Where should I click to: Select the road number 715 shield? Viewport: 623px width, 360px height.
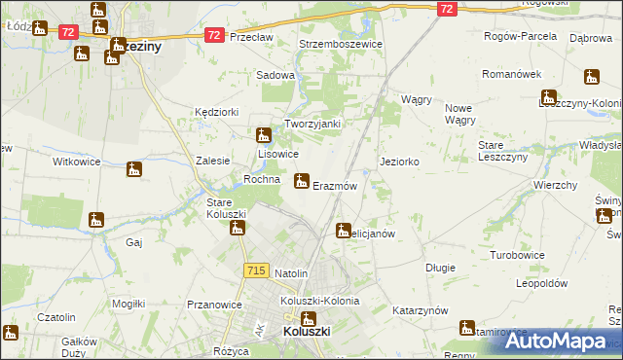tap(257, 270)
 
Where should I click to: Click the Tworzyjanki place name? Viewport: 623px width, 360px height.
tap(311, 124)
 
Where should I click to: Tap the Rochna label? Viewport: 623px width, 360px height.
tap(263, 180)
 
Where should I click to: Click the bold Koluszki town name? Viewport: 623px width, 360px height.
tap(310, 331)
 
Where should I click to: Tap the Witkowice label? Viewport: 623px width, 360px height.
tap(77, 161)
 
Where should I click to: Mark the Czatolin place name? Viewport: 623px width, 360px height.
tap(55, 317)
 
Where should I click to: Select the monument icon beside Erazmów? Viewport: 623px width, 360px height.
tap(301, 179)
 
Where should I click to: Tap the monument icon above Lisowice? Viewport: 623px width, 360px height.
tap(263, 135)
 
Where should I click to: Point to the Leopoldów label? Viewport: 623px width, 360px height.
tap(541, 283)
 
